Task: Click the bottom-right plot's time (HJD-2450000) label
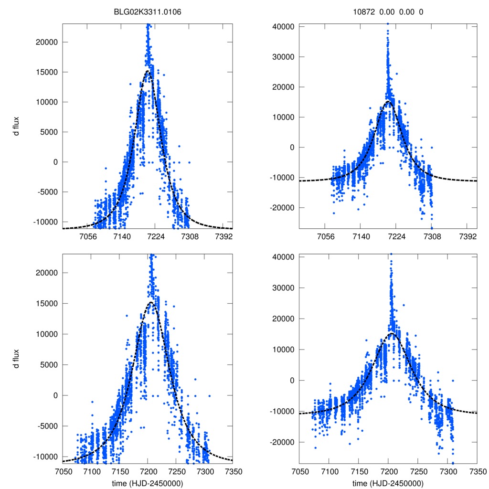(x=388, y=483)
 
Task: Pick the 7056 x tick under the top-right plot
(x=325, y=236)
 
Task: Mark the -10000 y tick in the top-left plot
(x=45, y=222)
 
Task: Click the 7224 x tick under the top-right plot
(x=396, y=236)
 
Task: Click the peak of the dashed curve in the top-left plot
(x=148, y=71)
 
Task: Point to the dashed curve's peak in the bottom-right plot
(x=391, y=333)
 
